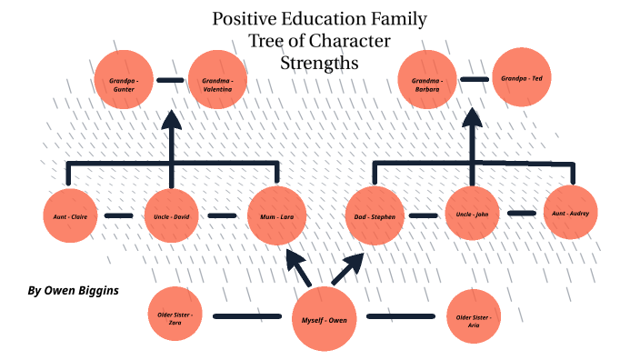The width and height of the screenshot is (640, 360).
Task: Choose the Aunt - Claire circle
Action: (70, 216)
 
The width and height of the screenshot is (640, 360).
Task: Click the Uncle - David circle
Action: (171, 216)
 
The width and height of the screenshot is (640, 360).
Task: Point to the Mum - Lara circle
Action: (276, 216)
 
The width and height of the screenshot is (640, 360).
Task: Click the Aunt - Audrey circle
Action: (571, 213)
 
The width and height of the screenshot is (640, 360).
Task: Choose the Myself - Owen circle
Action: (325, 320)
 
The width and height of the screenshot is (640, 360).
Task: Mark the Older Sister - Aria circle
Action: (473, 317)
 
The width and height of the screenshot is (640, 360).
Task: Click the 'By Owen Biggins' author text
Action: (73, 291)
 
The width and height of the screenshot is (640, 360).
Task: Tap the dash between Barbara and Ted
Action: (473, 79)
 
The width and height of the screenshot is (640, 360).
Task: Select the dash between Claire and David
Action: (119, 216)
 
